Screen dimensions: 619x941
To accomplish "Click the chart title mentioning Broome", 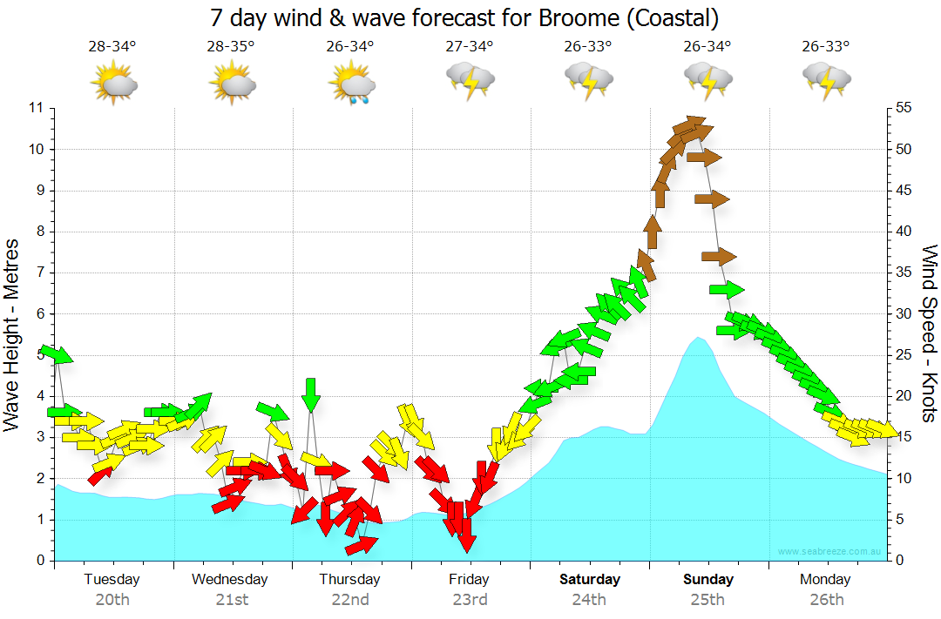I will click(465, 17).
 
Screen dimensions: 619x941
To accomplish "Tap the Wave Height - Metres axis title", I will click(11, 334).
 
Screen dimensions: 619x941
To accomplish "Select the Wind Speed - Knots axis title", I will click(929, 334).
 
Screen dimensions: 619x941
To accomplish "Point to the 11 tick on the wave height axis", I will click(36, 108).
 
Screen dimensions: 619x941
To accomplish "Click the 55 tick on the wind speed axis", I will click(904, 108).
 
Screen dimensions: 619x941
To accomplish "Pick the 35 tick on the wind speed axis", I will click(904, 272).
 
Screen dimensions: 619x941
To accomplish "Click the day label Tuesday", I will click(112, 579).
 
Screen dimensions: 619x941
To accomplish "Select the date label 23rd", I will click(470, 599).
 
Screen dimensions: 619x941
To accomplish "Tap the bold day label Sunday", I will click(707, 579).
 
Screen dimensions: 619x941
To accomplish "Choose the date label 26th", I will click(826, 599).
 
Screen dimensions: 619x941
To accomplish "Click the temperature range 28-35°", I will click(231, 46).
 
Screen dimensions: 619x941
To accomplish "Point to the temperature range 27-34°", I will click(469, 46).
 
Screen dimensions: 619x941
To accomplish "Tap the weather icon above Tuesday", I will click(113, 84).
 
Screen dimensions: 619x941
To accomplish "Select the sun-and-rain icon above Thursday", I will click(351, 85).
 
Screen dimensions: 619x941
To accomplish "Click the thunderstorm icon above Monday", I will click(826, 82).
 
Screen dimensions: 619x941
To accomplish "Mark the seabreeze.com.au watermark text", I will click(830, 551).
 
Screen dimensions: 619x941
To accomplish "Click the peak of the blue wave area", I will click(699, 338).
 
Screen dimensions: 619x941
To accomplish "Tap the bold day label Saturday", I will click(589, 579).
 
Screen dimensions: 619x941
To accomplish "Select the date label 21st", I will click(232, 599).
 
